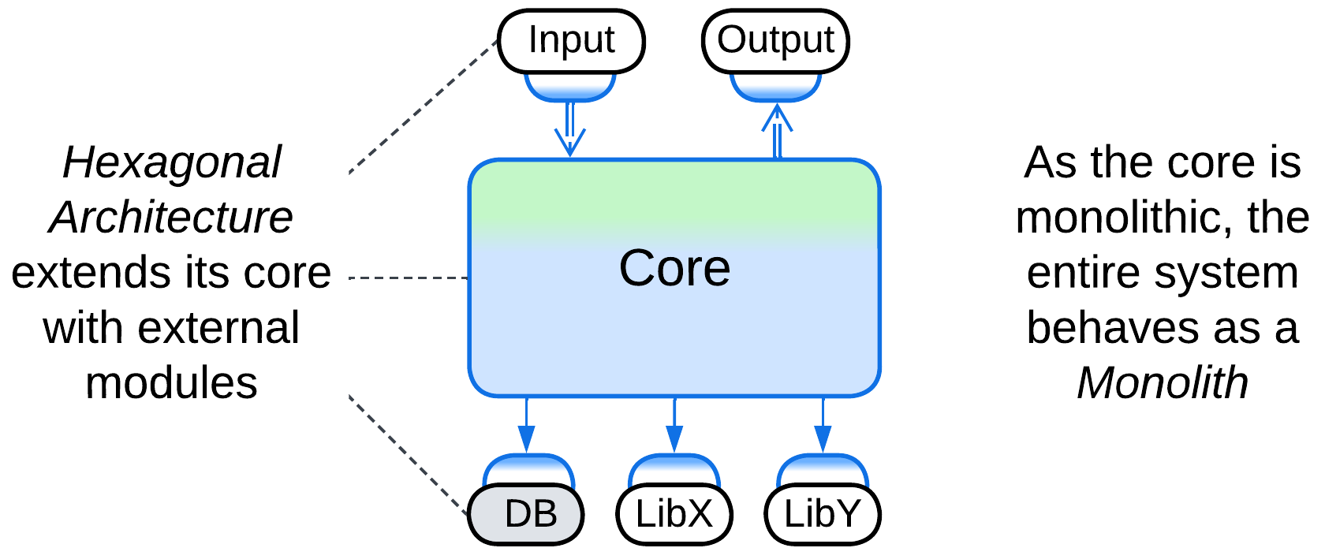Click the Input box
pyautogui.click(x=571, y=41)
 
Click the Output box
pyautogui.click(x=775, y=41)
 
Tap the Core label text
pyautogui.click(x=674, y=268)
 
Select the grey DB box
pyautogui.click(x=526, y=514)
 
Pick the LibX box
pyautogui.click(x=674, y=514)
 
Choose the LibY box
pyautogui.click(x=823, y=514)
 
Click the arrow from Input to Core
pyautogui.click(x=569, y=130)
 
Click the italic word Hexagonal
pyautogui.click(x=172, y=163)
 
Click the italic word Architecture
pyautogui.click(x=171, y=218)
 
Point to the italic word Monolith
pyautogui.click(x=1163, y=383)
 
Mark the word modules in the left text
pyautogui.click(x=171, y=383)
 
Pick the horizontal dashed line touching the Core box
pyautogui.click(x=409, y=278)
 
